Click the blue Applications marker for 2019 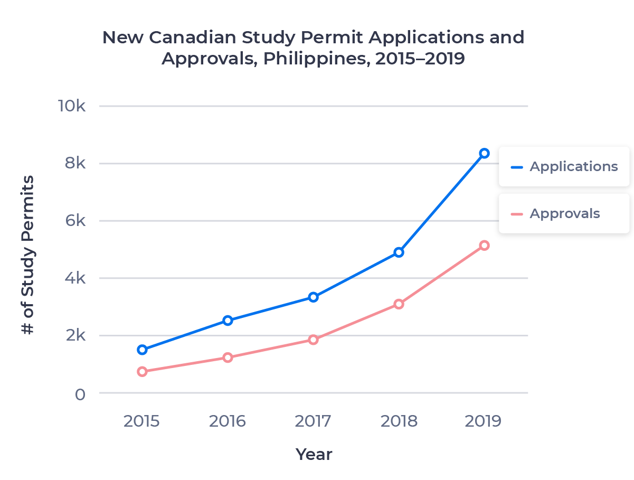[484, 154]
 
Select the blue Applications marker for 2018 [399, 252]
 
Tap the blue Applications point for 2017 [313, 297]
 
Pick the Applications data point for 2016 [228, 321]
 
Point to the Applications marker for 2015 [142, 350]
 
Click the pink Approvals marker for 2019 [484, 246]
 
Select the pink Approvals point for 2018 [399, 304]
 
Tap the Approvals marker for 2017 [313, 340]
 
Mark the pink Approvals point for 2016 [228, 358]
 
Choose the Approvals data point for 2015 [142, 372]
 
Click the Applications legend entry [563, 166]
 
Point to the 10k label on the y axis [72, 106]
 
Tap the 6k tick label [75, 221]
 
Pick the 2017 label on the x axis [313, 421]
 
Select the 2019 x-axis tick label [483, 421]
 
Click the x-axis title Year [314, 454]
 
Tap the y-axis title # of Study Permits [28, 255]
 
